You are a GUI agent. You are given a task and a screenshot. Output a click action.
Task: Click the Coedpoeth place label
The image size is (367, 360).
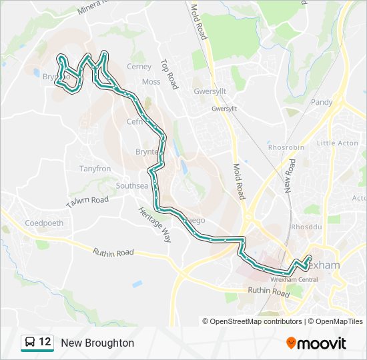coord(43,223)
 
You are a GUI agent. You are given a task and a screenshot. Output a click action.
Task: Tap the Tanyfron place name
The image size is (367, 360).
coord(95,169)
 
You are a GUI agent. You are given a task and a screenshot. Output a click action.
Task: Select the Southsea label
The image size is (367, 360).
coord(131,185)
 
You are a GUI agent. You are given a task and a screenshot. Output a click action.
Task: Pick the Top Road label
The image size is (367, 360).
coord(169,74)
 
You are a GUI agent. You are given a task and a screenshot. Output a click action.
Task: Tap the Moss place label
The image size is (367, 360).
coord(151,82)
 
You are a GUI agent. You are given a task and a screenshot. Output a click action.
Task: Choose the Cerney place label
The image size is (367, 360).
coord(139,67)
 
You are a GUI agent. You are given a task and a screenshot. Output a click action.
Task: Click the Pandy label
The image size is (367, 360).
coord(322,102)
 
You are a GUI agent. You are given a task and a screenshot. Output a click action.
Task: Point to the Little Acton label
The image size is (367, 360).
coord(338,143)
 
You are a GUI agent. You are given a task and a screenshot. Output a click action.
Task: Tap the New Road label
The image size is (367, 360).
coord(289,176)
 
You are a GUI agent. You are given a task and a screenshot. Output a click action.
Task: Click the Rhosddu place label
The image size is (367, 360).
coord(315,227)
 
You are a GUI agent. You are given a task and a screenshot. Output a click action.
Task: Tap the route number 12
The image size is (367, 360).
coord(45,342)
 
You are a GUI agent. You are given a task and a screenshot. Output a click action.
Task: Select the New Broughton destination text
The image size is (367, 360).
coord(97,343)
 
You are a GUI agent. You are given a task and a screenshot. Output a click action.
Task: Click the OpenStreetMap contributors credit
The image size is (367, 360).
coord(252,321)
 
